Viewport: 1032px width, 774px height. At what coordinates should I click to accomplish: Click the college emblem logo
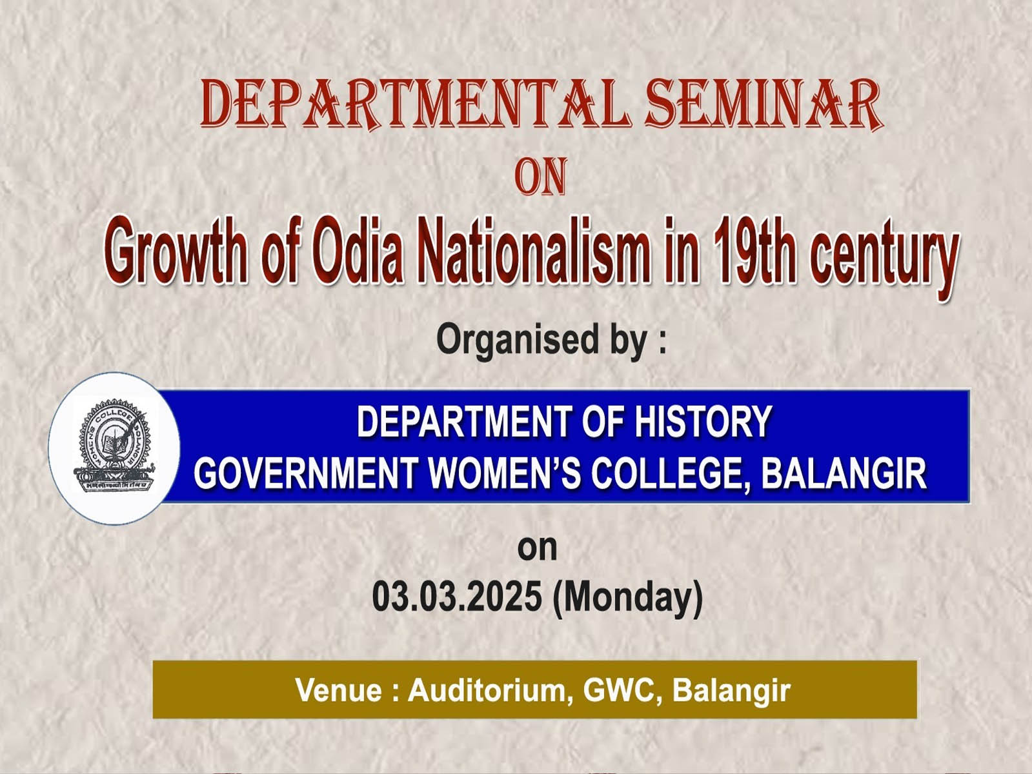(114, 447)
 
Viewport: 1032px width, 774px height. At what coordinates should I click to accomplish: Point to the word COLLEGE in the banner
(669, 474)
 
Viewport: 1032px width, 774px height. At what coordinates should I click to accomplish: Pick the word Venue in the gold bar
(339, 690)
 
